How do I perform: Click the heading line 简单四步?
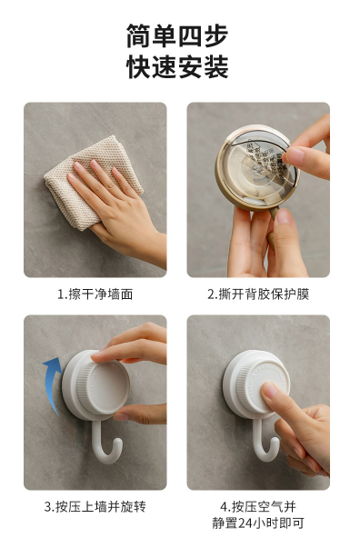point(177,36)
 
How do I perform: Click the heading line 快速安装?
point(177,67)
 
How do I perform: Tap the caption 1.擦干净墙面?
point(95,294)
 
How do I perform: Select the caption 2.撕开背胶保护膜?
point(258,294)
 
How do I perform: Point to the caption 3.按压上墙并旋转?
point(95,506)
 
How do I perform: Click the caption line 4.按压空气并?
point(258,506)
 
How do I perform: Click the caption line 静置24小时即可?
point(258,523)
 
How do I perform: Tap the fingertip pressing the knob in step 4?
point(269,391)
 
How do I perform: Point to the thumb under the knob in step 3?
point(137,413)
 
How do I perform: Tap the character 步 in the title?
point(215,36)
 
